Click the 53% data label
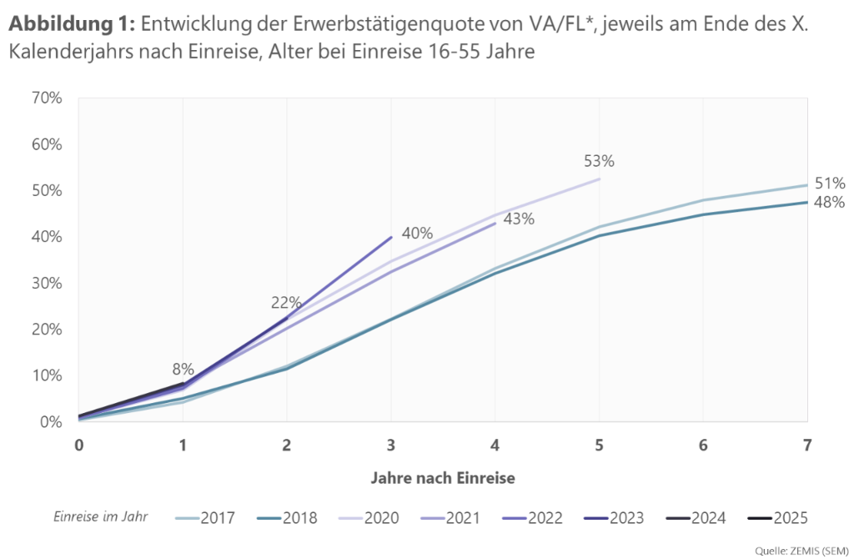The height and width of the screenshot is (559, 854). pos(598,162)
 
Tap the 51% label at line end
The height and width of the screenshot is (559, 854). pos(830,184)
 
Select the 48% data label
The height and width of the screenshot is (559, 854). pos(830,202)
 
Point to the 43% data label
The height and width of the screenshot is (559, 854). pos(519,219)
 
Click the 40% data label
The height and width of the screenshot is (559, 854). pos(416,234)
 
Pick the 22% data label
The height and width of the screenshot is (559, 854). pos(285,302)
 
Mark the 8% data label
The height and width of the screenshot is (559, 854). pos(183,369)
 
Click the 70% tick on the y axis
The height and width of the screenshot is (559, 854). pos(45,98)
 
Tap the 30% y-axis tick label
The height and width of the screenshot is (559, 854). pos(45,283)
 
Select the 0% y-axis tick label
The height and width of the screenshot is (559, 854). pos(49,422)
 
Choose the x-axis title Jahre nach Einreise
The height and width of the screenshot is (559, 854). pos(442,479)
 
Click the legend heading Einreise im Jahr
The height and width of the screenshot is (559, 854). pos(101,516)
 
